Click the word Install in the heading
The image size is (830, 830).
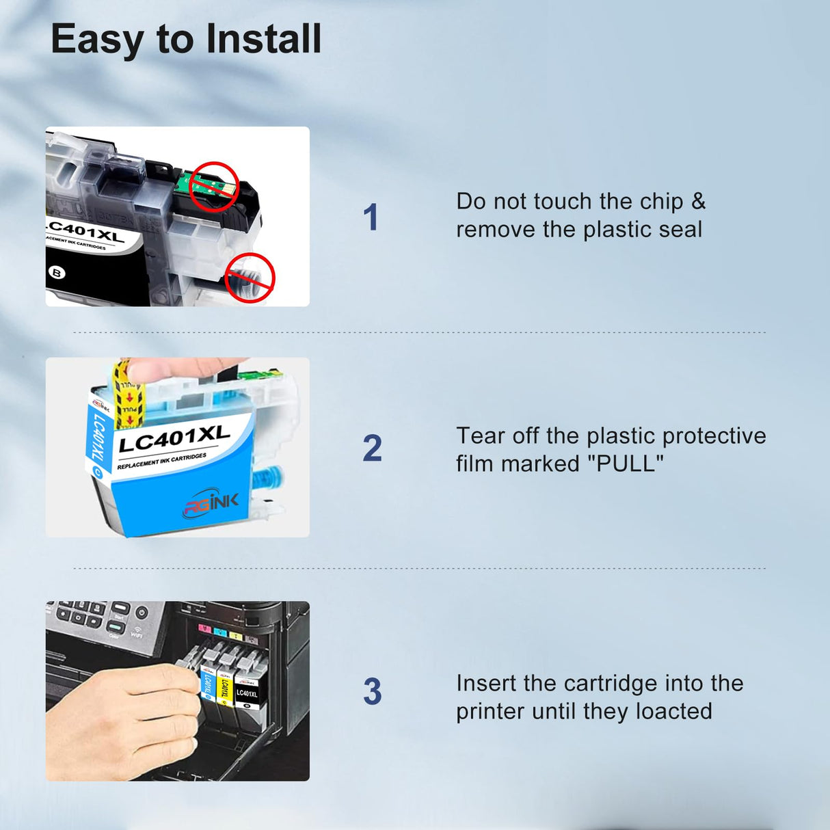[x=263, y=39]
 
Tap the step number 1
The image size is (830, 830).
[x=371, y=217]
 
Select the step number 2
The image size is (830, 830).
[x=372, y=449]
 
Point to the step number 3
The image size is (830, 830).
[x=372, y=692]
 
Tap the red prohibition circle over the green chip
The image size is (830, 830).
[x=213, y=186]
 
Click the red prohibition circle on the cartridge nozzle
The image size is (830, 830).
[x=250, y=277]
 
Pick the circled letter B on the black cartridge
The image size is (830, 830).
[x=57, y=273]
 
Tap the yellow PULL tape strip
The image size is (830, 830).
[x=127, y=397]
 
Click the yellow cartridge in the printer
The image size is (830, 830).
[x=224, y=684]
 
